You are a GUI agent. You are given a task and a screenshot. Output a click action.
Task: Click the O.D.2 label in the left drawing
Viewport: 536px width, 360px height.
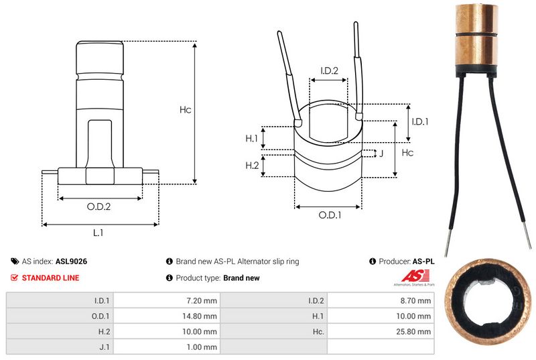[x=98, y=206]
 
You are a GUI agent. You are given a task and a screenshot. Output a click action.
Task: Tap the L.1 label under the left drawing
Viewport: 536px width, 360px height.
[x=98, y=233]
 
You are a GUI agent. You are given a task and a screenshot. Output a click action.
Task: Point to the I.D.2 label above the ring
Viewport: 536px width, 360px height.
[x=329, y=70]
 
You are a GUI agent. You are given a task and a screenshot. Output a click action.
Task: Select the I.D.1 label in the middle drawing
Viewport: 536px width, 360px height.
[x=419, y=121]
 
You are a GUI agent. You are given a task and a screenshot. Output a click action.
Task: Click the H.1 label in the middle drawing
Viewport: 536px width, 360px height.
[x=252, y=138]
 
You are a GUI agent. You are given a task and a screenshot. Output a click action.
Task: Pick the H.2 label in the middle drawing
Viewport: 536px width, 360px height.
[x=252, y=166]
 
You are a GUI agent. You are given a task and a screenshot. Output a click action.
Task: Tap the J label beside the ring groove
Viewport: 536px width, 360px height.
[x=381, y=154]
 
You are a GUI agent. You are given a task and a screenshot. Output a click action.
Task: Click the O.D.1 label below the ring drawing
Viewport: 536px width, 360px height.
[x=330, y=215]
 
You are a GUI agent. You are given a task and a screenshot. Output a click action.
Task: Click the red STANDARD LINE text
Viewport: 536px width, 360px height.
[x=50, y=278]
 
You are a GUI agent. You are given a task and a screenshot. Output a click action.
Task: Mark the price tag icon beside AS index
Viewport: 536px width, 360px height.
[x=15, y=261]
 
